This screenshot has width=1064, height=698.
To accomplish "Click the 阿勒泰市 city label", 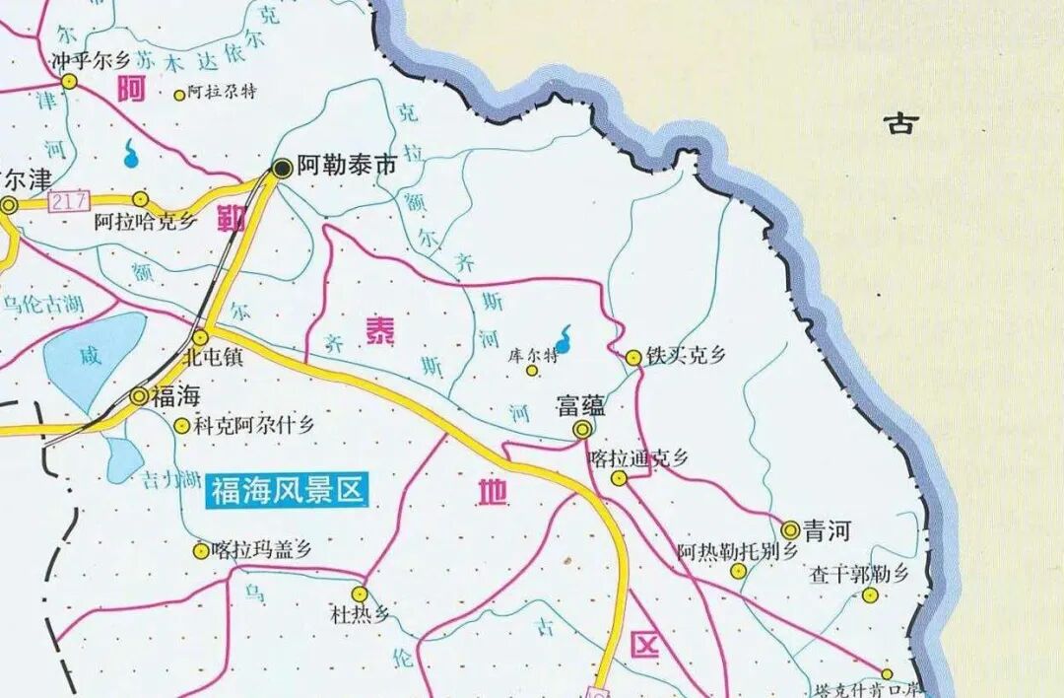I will (347, 167).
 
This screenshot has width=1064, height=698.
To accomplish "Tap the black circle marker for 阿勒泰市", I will (282, 169).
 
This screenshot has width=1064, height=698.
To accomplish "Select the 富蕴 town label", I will (581, 405).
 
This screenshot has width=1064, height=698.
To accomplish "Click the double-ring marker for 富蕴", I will (583, 429).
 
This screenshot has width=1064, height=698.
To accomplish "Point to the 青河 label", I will (827, 532).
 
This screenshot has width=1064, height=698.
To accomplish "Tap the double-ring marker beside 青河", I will (790, 529).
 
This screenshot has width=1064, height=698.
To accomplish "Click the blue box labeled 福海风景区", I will (287, 489).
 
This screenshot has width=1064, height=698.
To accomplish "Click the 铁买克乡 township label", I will (685, 356).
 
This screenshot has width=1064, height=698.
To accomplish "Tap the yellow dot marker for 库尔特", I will (532, 371).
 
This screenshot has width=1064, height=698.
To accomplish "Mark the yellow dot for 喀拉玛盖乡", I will (202, 551).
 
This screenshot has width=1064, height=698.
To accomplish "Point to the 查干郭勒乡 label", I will (858, 573).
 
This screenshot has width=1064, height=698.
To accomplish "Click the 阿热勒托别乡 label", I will (737, 551).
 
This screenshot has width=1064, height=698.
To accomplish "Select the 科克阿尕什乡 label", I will (253, 426).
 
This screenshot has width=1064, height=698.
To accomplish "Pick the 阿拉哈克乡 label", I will (146, 222).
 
